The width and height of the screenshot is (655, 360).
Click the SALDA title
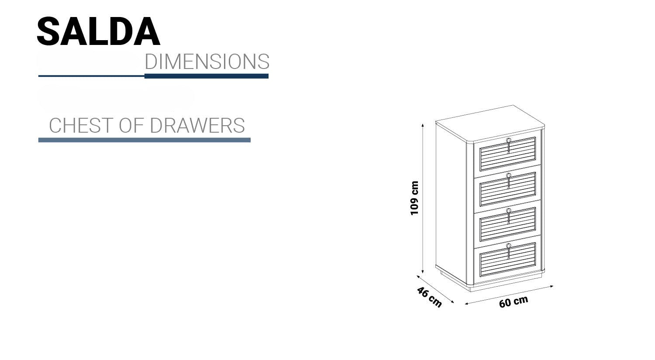coord(99,31)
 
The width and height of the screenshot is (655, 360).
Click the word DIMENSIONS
coord(207,62)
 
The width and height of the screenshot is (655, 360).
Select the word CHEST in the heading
coord(81,126)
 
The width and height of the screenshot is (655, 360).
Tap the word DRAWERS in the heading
coord(197,126)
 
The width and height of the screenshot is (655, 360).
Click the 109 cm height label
coord(414,198)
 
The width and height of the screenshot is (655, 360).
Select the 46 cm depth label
coord(429,297)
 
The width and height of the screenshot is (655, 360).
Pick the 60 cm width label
coord(514,302)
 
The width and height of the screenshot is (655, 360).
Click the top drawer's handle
coord(509,145)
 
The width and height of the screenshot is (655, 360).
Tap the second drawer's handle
coord(509,181)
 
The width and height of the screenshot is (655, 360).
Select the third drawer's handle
coord(509,216)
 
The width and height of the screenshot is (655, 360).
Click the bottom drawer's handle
coord(509,251)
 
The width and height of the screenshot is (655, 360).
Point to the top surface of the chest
coord(490,123)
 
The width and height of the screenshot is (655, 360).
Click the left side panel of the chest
coord(451,203)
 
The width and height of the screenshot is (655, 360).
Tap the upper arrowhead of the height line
coord(423,125)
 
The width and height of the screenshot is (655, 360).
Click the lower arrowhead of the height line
coord(423,271)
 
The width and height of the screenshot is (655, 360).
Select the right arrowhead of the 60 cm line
coord(552,286)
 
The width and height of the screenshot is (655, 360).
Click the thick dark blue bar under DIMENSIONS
coord(207,76)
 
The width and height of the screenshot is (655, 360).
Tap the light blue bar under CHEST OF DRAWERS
coord(145,140)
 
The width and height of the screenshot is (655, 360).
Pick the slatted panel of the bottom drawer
coord(507,260)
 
